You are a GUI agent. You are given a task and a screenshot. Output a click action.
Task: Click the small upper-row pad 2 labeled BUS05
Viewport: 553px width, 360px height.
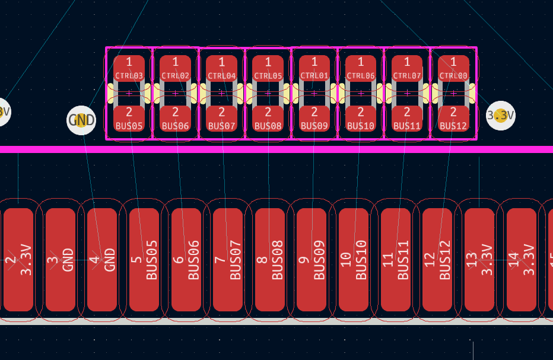(x=129, y=119)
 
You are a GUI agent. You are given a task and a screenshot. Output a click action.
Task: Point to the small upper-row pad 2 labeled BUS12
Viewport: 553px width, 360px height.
(x=453, y=119)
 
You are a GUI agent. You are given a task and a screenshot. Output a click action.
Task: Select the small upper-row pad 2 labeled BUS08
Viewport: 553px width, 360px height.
(x=268, y=119)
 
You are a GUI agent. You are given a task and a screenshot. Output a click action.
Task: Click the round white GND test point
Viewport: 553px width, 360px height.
(x=81, y=120)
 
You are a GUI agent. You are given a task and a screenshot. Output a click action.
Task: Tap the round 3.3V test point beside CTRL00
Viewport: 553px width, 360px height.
(x=501, y=116)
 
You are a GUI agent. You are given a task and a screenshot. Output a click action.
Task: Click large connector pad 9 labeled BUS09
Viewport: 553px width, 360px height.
(x=312, y=260)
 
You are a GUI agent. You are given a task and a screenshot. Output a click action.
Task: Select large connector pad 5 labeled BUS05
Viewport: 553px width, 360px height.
(x=144, y=260)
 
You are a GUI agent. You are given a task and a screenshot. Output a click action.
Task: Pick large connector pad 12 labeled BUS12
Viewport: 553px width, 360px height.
(x=437, y=260)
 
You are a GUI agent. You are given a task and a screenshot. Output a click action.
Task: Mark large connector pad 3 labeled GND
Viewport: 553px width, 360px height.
(x=61, y=260)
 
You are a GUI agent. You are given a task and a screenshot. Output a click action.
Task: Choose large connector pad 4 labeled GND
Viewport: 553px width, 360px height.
(x=102, y=260)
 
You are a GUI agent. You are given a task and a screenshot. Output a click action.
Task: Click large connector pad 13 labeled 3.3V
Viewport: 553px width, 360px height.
(x=479, y=260)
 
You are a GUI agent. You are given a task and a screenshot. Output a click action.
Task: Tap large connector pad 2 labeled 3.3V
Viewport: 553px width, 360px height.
(x=18, y=260)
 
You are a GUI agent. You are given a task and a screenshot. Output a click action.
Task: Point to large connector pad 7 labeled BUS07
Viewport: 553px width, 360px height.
(x=228, y=260)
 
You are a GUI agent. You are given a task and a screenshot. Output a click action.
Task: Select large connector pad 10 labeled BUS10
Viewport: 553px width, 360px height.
(x=354, y=260)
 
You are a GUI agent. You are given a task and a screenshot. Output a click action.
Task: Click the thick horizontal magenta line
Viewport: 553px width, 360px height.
(x=276, y=149)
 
